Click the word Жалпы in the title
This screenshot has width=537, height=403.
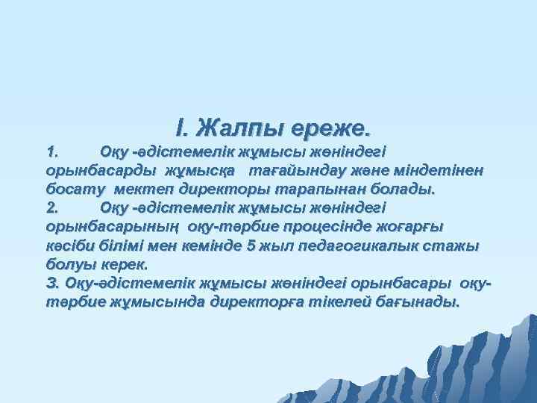click(242, 128)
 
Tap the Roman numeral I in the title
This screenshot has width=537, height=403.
click(179, 128)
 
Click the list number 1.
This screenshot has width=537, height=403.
click(51, 152)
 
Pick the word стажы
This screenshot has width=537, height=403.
click(455, 245)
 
